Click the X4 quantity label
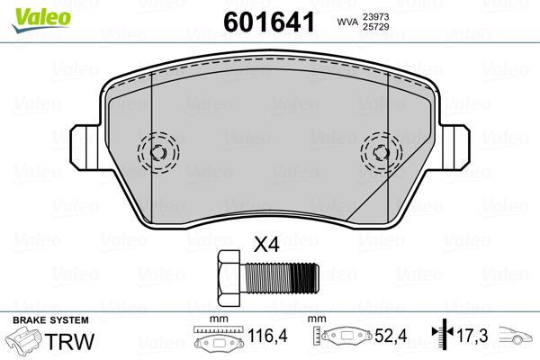tap(267, 244)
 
